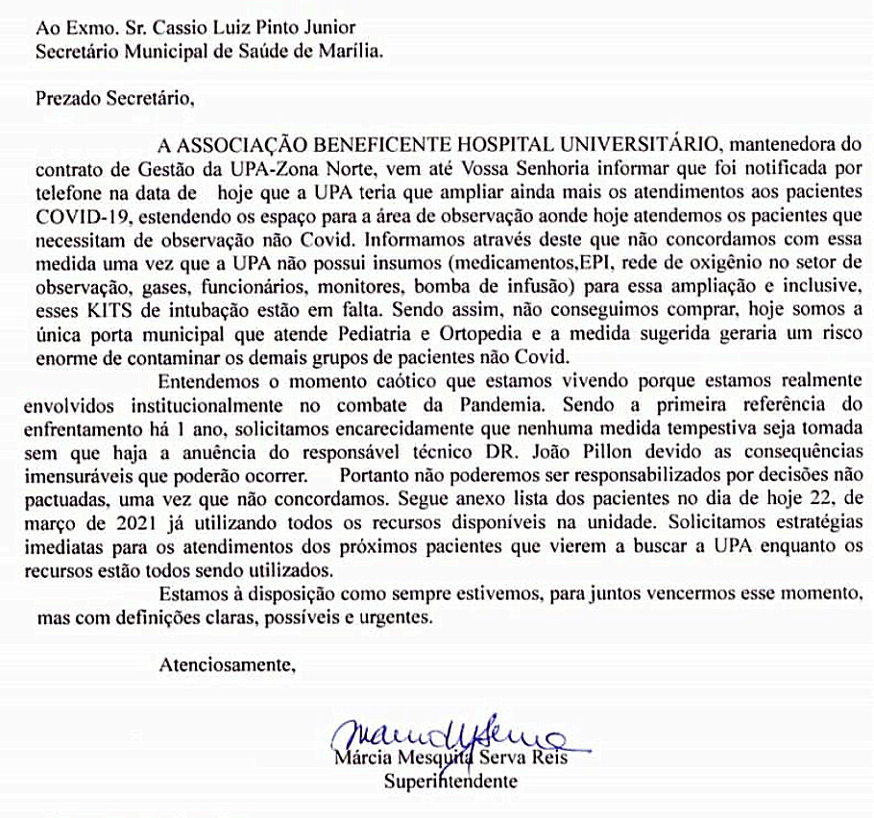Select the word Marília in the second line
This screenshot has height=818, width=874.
[x=353, y=52]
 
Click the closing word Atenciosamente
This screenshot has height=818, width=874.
[x=224, y=662]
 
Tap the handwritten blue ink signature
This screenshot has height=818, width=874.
[x=451, y=736]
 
